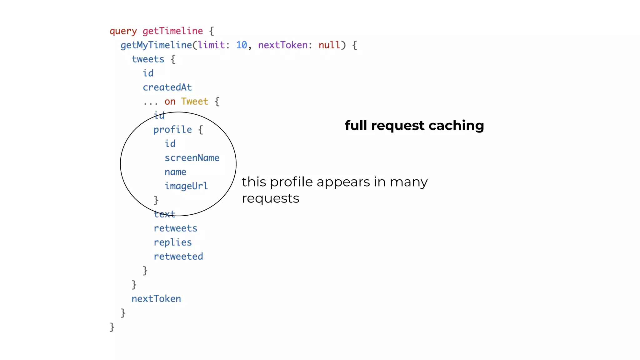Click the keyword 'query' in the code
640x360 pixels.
(123, 31)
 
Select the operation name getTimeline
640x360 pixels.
(172, 31)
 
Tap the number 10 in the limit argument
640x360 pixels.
(241, 45)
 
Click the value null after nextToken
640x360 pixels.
(329, 45)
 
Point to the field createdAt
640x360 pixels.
(167, 87)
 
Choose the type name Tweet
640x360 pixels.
(194, 102)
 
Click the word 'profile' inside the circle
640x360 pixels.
(172, 130)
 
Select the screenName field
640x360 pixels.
(192, 158)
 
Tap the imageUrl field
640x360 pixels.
(186, 186)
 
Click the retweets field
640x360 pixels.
(175, 228)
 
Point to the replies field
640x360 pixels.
(172, 242)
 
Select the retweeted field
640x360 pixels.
(178, 257)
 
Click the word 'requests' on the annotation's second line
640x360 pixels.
(270, 198)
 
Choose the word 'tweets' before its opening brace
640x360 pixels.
(148, 59)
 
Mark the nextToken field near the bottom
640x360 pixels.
(156, 299)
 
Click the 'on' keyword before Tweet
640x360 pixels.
(170, 102)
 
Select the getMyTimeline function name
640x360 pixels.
(156, 45)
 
